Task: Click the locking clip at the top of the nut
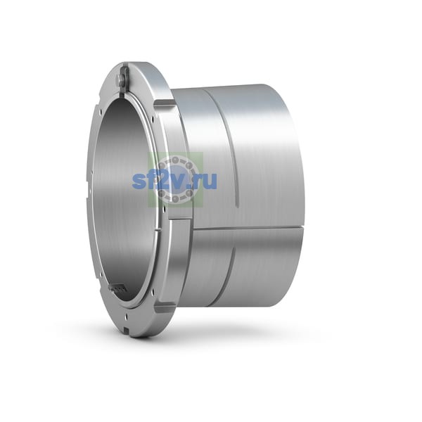click(123, 79)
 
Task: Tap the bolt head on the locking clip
click(120, 79)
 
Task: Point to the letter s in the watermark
click(139, 181)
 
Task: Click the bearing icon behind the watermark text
click(175, 179)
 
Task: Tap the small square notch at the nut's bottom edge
click(126, 328)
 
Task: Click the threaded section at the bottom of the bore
click(117, 288)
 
